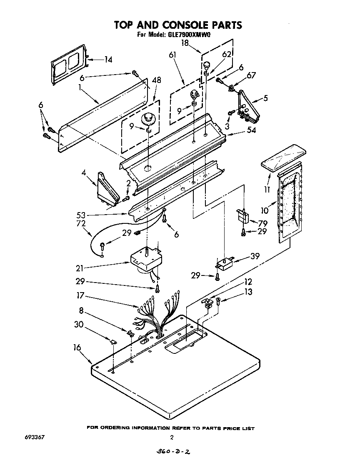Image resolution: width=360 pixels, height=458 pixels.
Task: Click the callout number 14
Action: [x=108, y=60]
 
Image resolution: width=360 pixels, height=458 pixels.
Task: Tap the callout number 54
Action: [x=239, y=131]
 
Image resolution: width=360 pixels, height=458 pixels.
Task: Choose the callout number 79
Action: [x=262, y=223]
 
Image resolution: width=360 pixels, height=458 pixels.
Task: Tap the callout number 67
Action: [x=251, y=75]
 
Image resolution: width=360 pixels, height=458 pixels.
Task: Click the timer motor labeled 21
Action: [x=145, y=260]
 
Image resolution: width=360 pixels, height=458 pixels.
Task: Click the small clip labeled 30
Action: [x=113, y=342]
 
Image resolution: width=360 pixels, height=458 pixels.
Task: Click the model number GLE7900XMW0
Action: [x=189, y=35]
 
